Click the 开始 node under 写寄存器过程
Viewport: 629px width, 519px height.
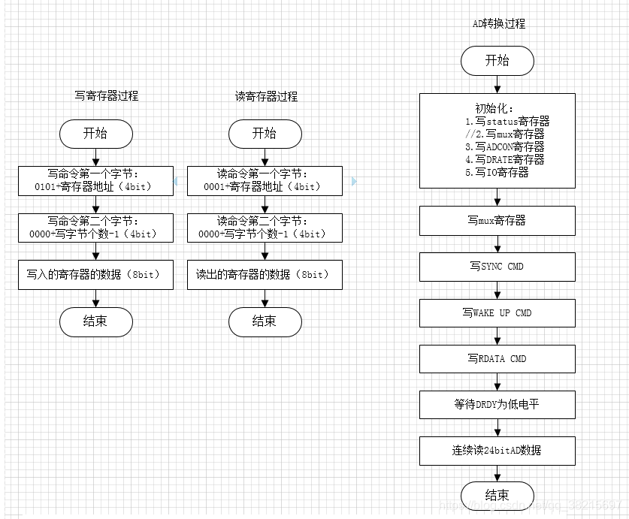(x=95, y=134)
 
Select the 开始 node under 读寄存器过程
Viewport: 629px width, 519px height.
(x=265, y=134)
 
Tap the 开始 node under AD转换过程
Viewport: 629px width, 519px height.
(x=497, y=61)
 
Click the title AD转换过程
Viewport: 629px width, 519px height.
(x=498, y=24)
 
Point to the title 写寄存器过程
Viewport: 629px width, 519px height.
(x=106, y=96)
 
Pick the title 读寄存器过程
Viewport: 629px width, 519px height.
(x=266, y=96)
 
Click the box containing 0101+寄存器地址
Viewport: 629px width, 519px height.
(x=95, y=180)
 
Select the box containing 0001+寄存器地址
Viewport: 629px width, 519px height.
(x=265, y=180)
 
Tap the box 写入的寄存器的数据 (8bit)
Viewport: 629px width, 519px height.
(x=95, y=275)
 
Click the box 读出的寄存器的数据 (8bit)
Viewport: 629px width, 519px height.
(x=265, y=275)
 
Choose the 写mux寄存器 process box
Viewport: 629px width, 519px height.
(x=497, y=221)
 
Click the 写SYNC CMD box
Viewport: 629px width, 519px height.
(x=497, y=267)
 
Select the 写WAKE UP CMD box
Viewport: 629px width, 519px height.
(x=497, y=312)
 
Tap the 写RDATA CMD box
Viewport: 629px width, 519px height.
(x=497, y=358)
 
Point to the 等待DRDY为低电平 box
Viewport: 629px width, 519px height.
(x=497, y=404)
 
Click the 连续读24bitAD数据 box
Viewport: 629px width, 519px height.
(x=497, y=451)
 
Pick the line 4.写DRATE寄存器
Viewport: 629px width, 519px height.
(x=505, y=159)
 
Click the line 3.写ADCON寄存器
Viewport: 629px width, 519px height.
(x=505, y=147)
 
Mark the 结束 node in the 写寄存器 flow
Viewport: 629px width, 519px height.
(x=95, y=321)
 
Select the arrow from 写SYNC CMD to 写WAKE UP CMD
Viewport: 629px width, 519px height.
(x=497, y=290)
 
